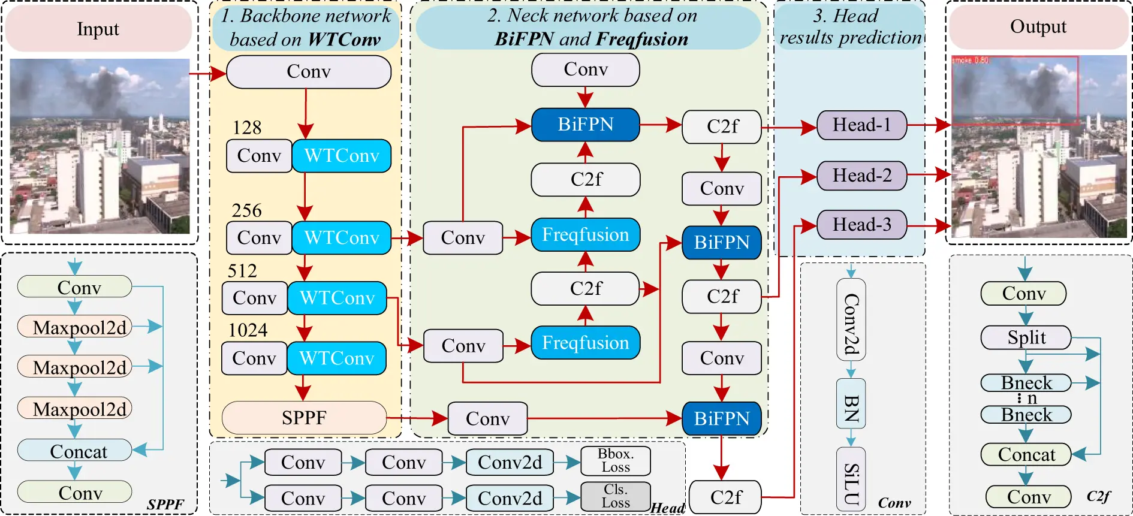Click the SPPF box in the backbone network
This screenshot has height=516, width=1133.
coord(304,418)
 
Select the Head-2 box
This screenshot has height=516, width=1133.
coord(861,176)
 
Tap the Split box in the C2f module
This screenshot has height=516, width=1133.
coord(1026,337)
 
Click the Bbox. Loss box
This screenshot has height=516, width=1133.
coord(616,461)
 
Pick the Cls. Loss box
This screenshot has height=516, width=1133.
coord(616,497)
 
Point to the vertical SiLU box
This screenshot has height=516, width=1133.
coord(851,483)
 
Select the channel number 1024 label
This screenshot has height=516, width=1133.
coord(248,330)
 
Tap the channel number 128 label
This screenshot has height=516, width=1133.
coord(247,128)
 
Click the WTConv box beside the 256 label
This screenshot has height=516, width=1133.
coord(342,238)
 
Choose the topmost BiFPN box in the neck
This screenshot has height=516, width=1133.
coord(585,125)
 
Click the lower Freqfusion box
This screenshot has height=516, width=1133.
coord(585,343)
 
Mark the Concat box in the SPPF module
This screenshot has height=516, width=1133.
coord(75,451)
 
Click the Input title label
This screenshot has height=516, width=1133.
coord(98,29)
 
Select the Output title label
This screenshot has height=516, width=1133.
coord(1038,26)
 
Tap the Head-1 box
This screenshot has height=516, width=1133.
coord(861,125)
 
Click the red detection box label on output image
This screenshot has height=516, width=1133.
coord(970,61)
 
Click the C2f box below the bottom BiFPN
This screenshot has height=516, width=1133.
coord(725,497)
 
